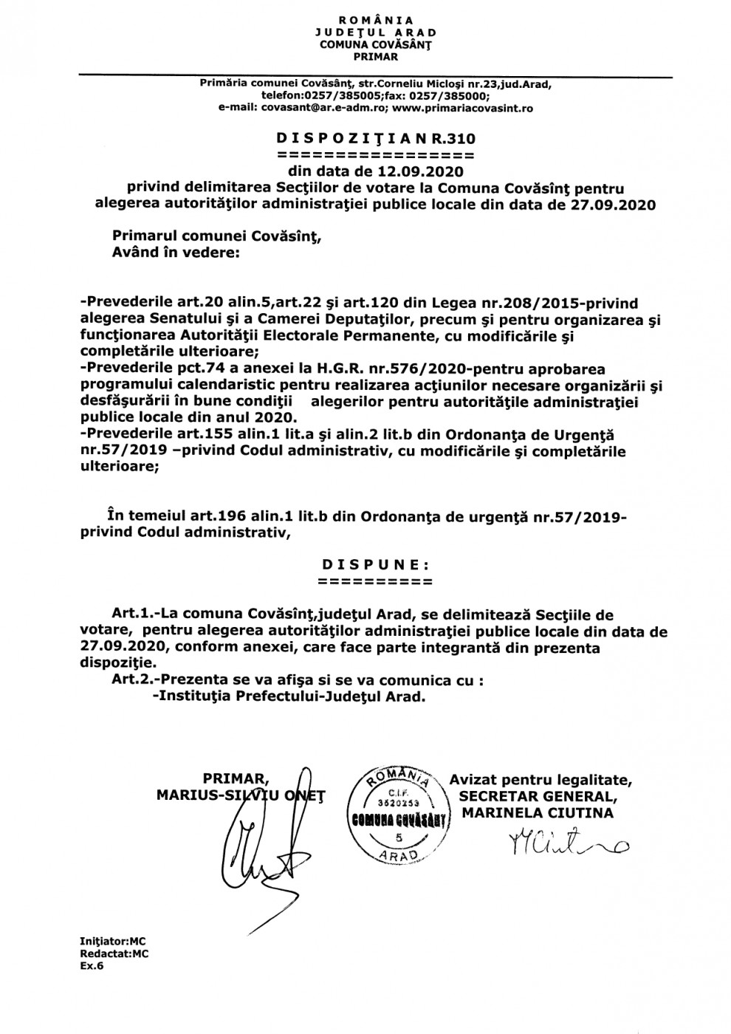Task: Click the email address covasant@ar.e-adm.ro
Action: (x=320, y=107)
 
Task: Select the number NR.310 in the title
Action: (x=450, y=138)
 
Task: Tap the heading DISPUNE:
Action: (x=375, y=564)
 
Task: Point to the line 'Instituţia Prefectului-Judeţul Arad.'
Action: (x=288, y=697)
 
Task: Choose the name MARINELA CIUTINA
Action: (x=537, y=812)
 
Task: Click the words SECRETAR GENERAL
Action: (x=536, y=795)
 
